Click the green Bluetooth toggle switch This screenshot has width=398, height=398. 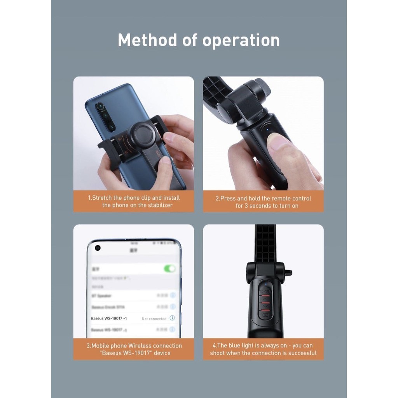pos(169,269)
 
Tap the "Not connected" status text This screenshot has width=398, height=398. pos(154,319)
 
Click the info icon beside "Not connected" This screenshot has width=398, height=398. pos(172,318)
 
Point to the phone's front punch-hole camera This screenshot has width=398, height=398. pos(98,248)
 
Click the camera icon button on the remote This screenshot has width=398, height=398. pos(265,315)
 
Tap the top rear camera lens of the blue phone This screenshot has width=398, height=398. pos(100,106)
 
